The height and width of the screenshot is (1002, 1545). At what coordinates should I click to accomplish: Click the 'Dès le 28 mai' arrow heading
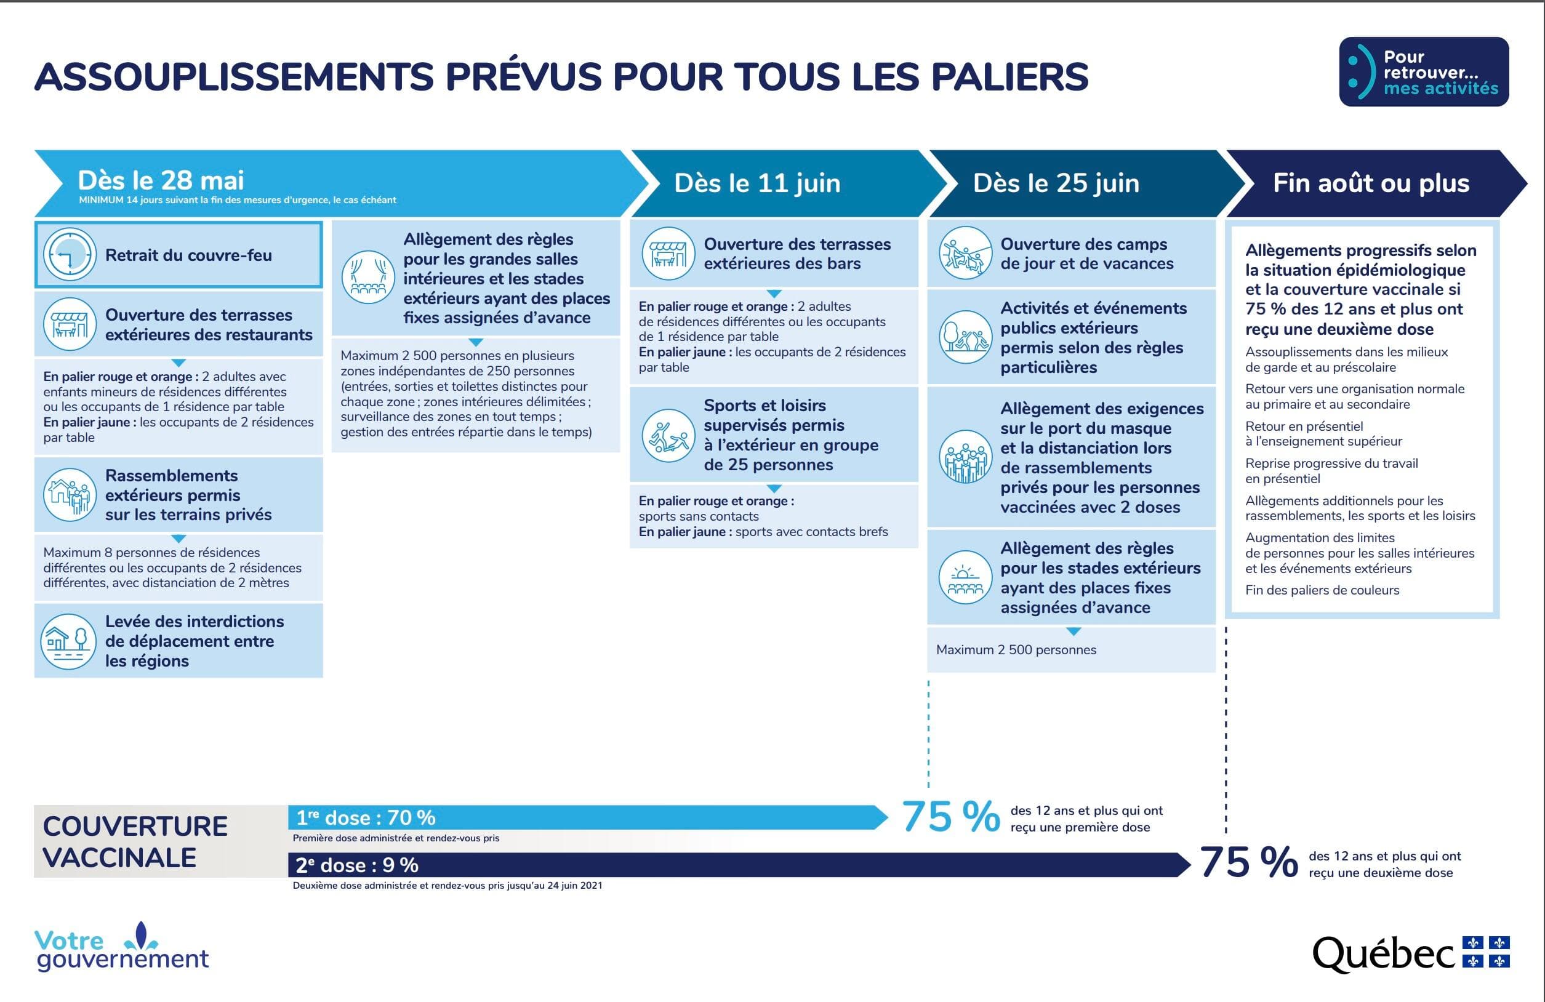(161, 180)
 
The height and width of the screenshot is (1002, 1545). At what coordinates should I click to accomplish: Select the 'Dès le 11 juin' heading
(757, 183)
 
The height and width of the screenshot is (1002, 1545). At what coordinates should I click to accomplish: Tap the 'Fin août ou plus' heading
(1370, 183)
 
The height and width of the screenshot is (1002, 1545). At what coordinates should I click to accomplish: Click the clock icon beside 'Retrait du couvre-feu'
(70, 254)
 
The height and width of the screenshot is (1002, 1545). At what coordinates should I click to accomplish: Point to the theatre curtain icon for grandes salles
(368, 277)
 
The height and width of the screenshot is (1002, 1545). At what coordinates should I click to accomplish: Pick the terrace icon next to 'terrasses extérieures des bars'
(668, 254)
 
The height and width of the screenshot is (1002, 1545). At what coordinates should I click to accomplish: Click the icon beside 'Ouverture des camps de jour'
(965, 253)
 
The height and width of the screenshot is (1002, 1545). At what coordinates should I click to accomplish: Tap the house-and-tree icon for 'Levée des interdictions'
(68, 641)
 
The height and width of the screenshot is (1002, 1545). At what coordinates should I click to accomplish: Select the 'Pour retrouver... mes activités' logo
(1424, 72)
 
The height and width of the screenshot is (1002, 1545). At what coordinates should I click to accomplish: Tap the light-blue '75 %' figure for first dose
(950, 816)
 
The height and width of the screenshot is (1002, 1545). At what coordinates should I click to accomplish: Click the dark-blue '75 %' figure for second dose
(1248, 862)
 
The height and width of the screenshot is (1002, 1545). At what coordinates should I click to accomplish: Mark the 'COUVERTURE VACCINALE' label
(135, 842)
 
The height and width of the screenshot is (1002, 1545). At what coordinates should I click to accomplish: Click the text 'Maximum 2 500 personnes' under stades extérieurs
(1016, 649)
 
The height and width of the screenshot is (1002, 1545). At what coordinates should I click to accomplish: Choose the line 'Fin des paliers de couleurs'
(1322, 590)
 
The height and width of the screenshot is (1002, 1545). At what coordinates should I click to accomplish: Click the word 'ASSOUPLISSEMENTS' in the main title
(234, 76)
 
